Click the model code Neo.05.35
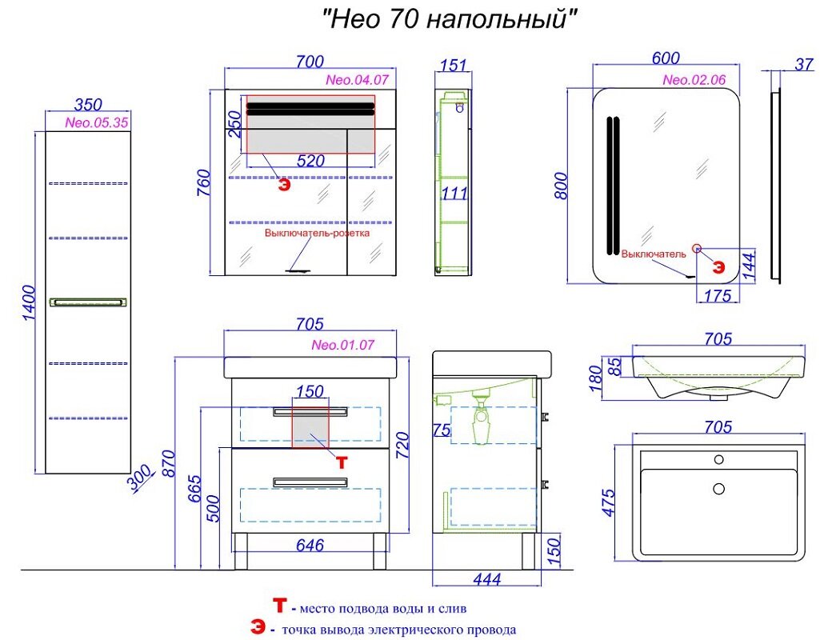coord(96,123)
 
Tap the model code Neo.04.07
coord(357,80)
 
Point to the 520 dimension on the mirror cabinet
coord(310,161)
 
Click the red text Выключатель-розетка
coord(317,233)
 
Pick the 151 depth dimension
coord(453,66)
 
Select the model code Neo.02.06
coord(694,80)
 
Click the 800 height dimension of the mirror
coord(561,185)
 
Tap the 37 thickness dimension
coord(804,64)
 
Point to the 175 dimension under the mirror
coord(718,295)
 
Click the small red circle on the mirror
coord(697,248)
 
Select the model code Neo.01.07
coord(343,345)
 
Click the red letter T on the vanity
coord(341,462)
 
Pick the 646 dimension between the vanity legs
coord(310,546)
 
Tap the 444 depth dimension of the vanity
coord(487,579)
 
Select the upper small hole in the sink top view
coord(719,460)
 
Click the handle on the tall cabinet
coord(88,302)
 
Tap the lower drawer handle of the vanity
coord(310,482)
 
